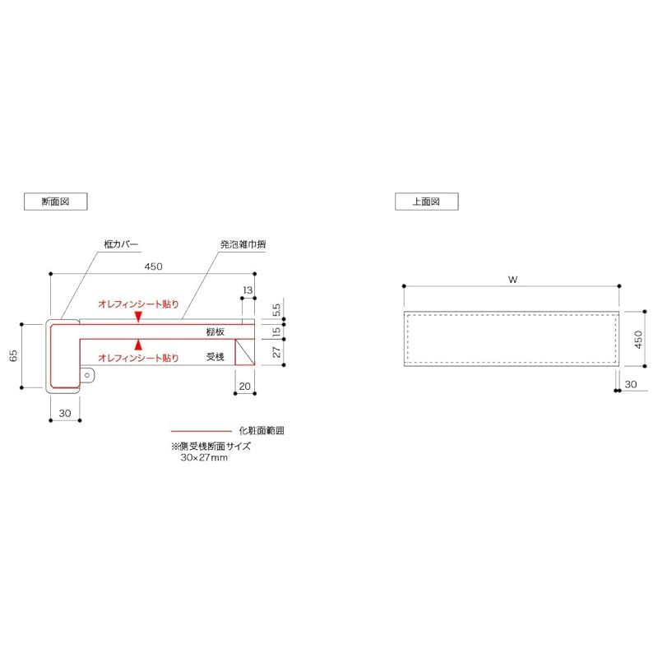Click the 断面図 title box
click(x=55, y=201)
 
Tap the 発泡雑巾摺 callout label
click(x=242, y=244)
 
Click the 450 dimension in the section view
click(x=154, y=266)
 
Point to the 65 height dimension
click(x=14, y=356)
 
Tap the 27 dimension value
click(x=276, y=351)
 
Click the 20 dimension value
click(x=244, y=386)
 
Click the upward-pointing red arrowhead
click(x=138, y=344)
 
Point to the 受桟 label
click(x=215, y=357)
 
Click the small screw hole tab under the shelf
click(x=87, y=374)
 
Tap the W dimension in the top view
click(x=512, y=280)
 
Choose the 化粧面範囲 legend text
click(x=262, y=430)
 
